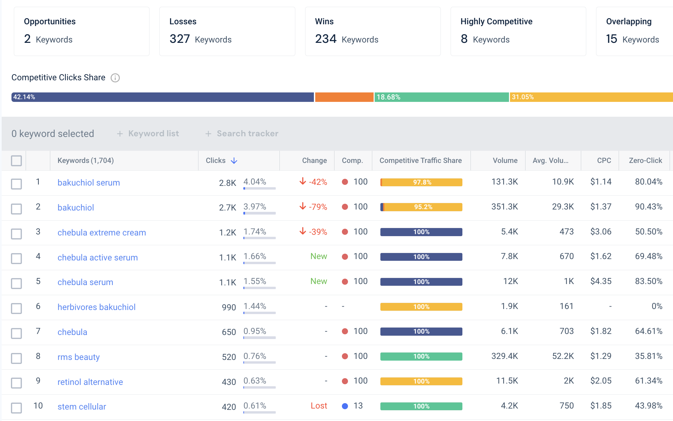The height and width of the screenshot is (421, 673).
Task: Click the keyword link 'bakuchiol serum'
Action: pyautogui.click(x=88, y=183)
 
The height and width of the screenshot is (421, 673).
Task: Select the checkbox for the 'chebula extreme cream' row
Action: pyautogui.click(x=16, y=233)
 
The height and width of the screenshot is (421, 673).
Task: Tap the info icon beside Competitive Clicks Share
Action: pyautogui.click(x=115, y=78)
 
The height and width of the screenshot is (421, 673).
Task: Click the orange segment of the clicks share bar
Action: pyautogui.click(x=344, y=97)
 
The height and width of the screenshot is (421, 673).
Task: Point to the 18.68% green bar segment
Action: pyautogui.click(x=441, y=97)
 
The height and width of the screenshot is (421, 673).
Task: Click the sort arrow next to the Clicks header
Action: pyautogui.click(x=234, y=161)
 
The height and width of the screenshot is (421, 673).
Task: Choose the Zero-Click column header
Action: pyautogui.click(x=645, y=161)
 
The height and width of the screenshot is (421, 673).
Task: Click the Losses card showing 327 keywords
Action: pyautogui.click(x=227, y=31)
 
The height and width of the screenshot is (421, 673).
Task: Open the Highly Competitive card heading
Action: pyautogui.click(x=496, y=22)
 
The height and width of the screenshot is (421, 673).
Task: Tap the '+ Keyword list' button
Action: pyautogui.click(x=148, y=134)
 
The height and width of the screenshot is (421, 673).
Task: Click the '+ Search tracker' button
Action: pyautogui.click(x=242, y=134)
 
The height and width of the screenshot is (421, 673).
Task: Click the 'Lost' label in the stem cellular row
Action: pyautogui.click(x=319, y=406)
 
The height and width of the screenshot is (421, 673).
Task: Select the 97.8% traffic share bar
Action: pyautogui.click(x=421, y=182)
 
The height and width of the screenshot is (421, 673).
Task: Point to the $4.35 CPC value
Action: pyautogui.click(x=601, y=281)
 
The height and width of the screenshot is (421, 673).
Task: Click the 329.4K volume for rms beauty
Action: pyautogui.click(x=505, y=356)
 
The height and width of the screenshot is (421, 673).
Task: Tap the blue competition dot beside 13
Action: pyautogui.click(x=345, y=406)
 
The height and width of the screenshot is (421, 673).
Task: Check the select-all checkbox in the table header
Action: pyautogui.click(x=16, y=161)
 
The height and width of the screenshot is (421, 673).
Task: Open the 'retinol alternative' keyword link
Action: pyautogui.click(x=90, y=382)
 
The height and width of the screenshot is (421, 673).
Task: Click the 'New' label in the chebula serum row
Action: pyautogui.click(x=319, y=281)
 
